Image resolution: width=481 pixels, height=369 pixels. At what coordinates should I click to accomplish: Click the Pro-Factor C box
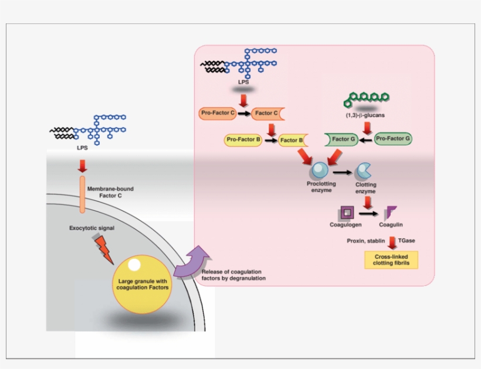click(x=216, y=113)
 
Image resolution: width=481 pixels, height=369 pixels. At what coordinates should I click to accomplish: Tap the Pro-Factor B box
click(x=242, y=140)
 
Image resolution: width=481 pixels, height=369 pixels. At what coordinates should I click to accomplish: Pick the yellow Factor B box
click(x=291, y=141)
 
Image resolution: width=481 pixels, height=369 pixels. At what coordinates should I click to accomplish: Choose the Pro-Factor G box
click(x=392, y=139)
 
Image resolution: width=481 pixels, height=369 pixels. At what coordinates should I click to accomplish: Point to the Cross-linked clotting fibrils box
click(x=391, y=260)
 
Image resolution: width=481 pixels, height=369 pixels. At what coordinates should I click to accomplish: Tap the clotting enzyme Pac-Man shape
click(x=364, y=171)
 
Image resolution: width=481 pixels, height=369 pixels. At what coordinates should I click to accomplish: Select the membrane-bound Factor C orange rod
click(x=82, y=194)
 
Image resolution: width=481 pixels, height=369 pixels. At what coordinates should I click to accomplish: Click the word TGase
click(x=407, y=241)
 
